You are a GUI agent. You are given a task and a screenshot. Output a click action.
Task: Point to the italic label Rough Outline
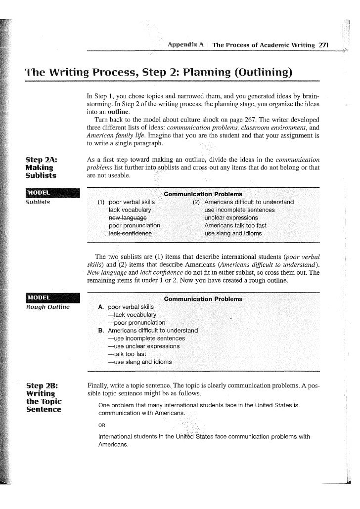click(47, 307)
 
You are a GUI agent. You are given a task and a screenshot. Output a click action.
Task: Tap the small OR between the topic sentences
click(102, 425)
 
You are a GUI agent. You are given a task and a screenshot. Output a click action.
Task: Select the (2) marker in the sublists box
click(196, 202)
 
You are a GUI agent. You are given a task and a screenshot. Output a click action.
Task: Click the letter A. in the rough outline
click(101, 307)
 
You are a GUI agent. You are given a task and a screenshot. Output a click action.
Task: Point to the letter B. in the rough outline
click(101, 330)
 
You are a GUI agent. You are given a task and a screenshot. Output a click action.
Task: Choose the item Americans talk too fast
click(235, 225)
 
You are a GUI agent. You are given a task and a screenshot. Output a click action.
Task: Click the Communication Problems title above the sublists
click(203, 194)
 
